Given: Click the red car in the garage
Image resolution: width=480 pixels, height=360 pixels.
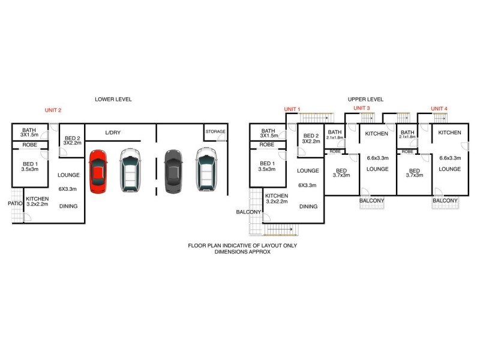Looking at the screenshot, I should [98, 171].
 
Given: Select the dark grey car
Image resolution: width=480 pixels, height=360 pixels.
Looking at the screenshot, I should [173, 171].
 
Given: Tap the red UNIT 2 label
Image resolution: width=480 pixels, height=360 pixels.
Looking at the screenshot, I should [53, 110].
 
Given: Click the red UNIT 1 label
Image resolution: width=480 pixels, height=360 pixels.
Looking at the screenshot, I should [292, 109].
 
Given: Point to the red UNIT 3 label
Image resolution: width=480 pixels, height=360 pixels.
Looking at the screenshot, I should [361, 108].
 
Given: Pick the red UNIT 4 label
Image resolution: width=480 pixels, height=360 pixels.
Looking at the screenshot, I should [439, 109].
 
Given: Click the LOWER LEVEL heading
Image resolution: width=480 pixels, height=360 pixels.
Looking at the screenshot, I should [113, 99].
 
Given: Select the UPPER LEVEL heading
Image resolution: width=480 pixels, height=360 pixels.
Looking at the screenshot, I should [365, 99].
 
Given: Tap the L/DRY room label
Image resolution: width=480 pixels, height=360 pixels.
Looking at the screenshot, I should [113, 131].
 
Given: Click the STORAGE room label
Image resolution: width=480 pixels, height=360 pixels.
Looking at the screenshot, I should [215, 131].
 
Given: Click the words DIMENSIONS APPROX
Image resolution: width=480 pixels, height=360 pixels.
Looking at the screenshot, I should [242, 252].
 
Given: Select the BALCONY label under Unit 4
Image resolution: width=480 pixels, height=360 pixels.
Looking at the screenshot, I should [445, 200].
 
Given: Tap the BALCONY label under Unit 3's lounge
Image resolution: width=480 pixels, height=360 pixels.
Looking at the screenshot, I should [372, 200].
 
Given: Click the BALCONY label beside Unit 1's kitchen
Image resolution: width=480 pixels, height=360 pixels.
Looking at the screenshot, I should [248, 212].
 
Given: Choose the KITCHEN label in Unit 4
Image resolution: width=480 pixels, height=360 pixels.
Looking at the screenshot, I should [449, 133].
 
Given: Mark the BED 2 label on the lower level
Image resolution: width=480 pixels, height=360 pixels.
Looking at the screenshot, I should [72, 139].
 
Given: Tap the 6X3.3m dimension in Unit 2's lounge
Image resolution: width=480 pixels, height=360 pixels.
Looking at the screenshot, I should [68, 188].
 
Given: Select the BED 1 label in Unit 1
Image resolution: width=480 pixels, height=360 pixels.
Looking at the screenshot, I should [267, 166].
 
